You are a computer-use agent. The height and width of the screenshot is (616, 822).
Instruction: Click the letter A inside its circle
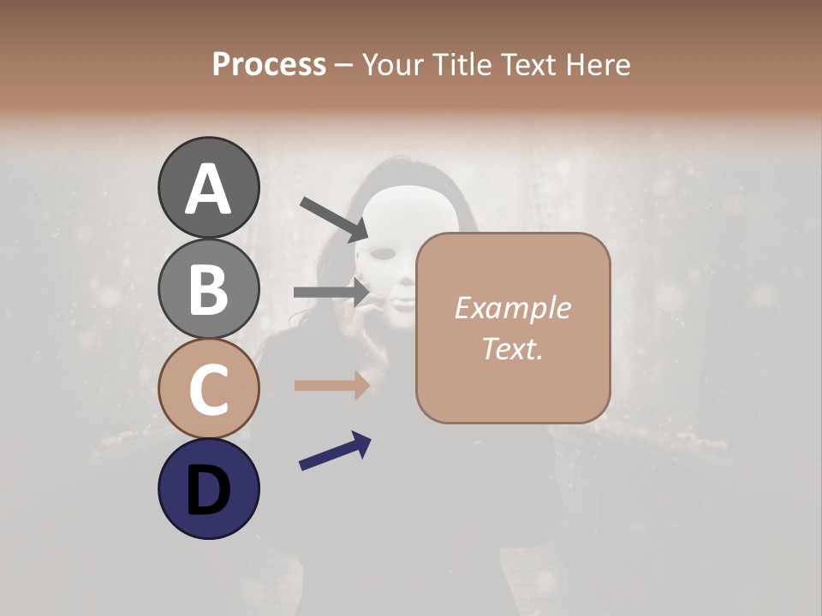point(209,189)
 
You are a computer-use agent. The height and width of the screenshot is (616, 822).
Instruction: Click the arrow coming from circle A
point(333,219)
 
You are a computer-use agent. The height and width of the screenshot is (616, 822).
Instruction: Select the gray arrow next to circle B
point(331,292)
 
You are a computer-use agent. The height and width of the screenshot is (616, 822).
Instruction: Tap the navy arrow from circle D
point(335,451)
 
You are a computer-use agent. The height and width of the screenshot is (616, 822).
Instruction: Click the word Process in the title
point(269,64)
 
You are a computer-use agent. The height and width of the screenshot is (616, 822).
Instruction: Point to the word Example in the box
point(512,308)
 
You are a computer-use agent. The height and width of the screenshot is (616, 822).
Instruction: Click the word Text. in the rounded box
point(512,348)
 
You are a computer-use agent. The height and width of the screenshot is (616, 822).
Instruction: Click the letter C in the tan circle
point(209,389)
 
